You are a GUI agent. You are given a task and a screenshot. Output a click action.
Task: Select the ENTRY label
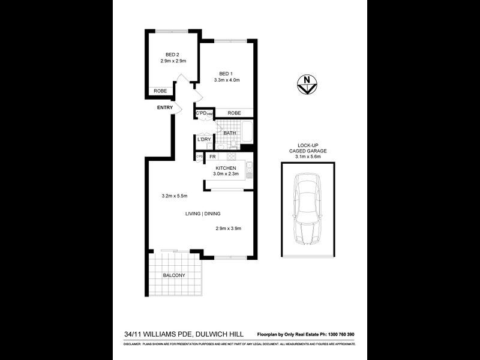[x=165, y=108]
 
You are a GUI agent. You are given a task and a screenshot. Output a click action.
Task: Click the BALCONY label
[x=174, y=275]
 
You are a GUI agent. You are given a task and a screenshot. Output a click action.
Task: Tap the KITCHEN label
[x=226, y=168]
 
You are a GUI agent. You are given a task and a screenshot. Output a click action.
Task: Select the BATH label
[x=230, y=133]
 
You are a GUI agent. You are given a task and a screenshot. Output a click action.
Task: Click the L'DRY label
[x=204, y=139]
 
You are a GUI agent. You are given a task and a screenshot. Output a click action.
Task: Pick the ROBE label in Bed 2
[x=160, y=91]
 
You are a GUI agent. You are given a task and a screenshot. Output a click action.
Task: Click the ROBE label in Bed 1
[x=234, y=113]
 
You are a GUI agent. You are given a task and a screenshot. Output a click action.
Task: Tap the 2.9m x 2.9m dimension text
[x=173, y=61]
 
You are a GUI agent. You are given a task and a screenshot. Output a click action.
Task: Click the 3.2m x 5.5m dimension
[x=175, y=196]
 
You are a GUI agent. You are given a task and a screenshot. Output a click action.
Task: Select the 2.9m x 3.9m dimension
[x=228, y=228]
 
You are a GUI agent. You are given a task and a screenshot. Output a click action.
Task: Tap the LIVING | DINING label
[x=201, y=213]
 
